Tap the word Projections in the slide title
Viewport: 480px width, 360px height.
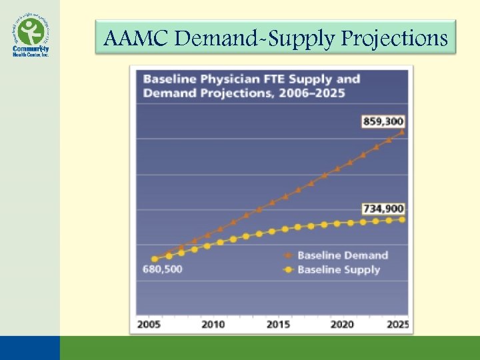[x=395, y=39]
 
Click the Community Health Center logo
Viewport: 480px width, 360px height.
[x=30, y=36]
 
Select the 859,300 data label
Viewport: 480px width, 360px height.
[x=383, y=122]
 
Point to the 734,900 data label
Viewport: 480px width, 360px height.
[x=383, y=209]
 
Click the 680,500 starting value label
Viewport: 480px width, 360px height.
[x=163, y=270]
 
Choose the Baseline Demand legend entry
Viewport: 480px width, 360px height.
[x=342, y=255]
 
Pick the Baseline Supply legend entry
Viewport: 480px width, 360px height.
[x=338, y=269]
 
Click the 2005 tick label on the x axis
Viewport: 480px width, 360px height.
[x=149, y=325]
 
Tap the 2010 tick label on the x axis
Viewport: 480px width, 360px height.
[x=213, y=325]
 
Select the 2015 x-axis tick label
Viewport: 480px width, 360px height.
[x=278, y=325]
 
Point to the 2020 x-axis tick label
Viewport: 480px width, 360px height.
[x=342, y=325]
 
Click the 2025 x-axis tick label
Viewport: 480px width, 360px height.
[x=399, y=325]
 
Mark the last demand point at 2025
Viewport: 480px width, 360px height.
[x=401, y=132]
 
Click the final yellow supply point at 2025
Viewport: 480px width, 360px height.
[x=401, y=219]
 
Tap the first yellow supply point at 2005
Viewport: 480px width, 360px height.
[x=155, y=259]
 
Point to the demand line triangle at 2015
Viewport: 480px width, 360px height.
[x=285, y=197]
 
